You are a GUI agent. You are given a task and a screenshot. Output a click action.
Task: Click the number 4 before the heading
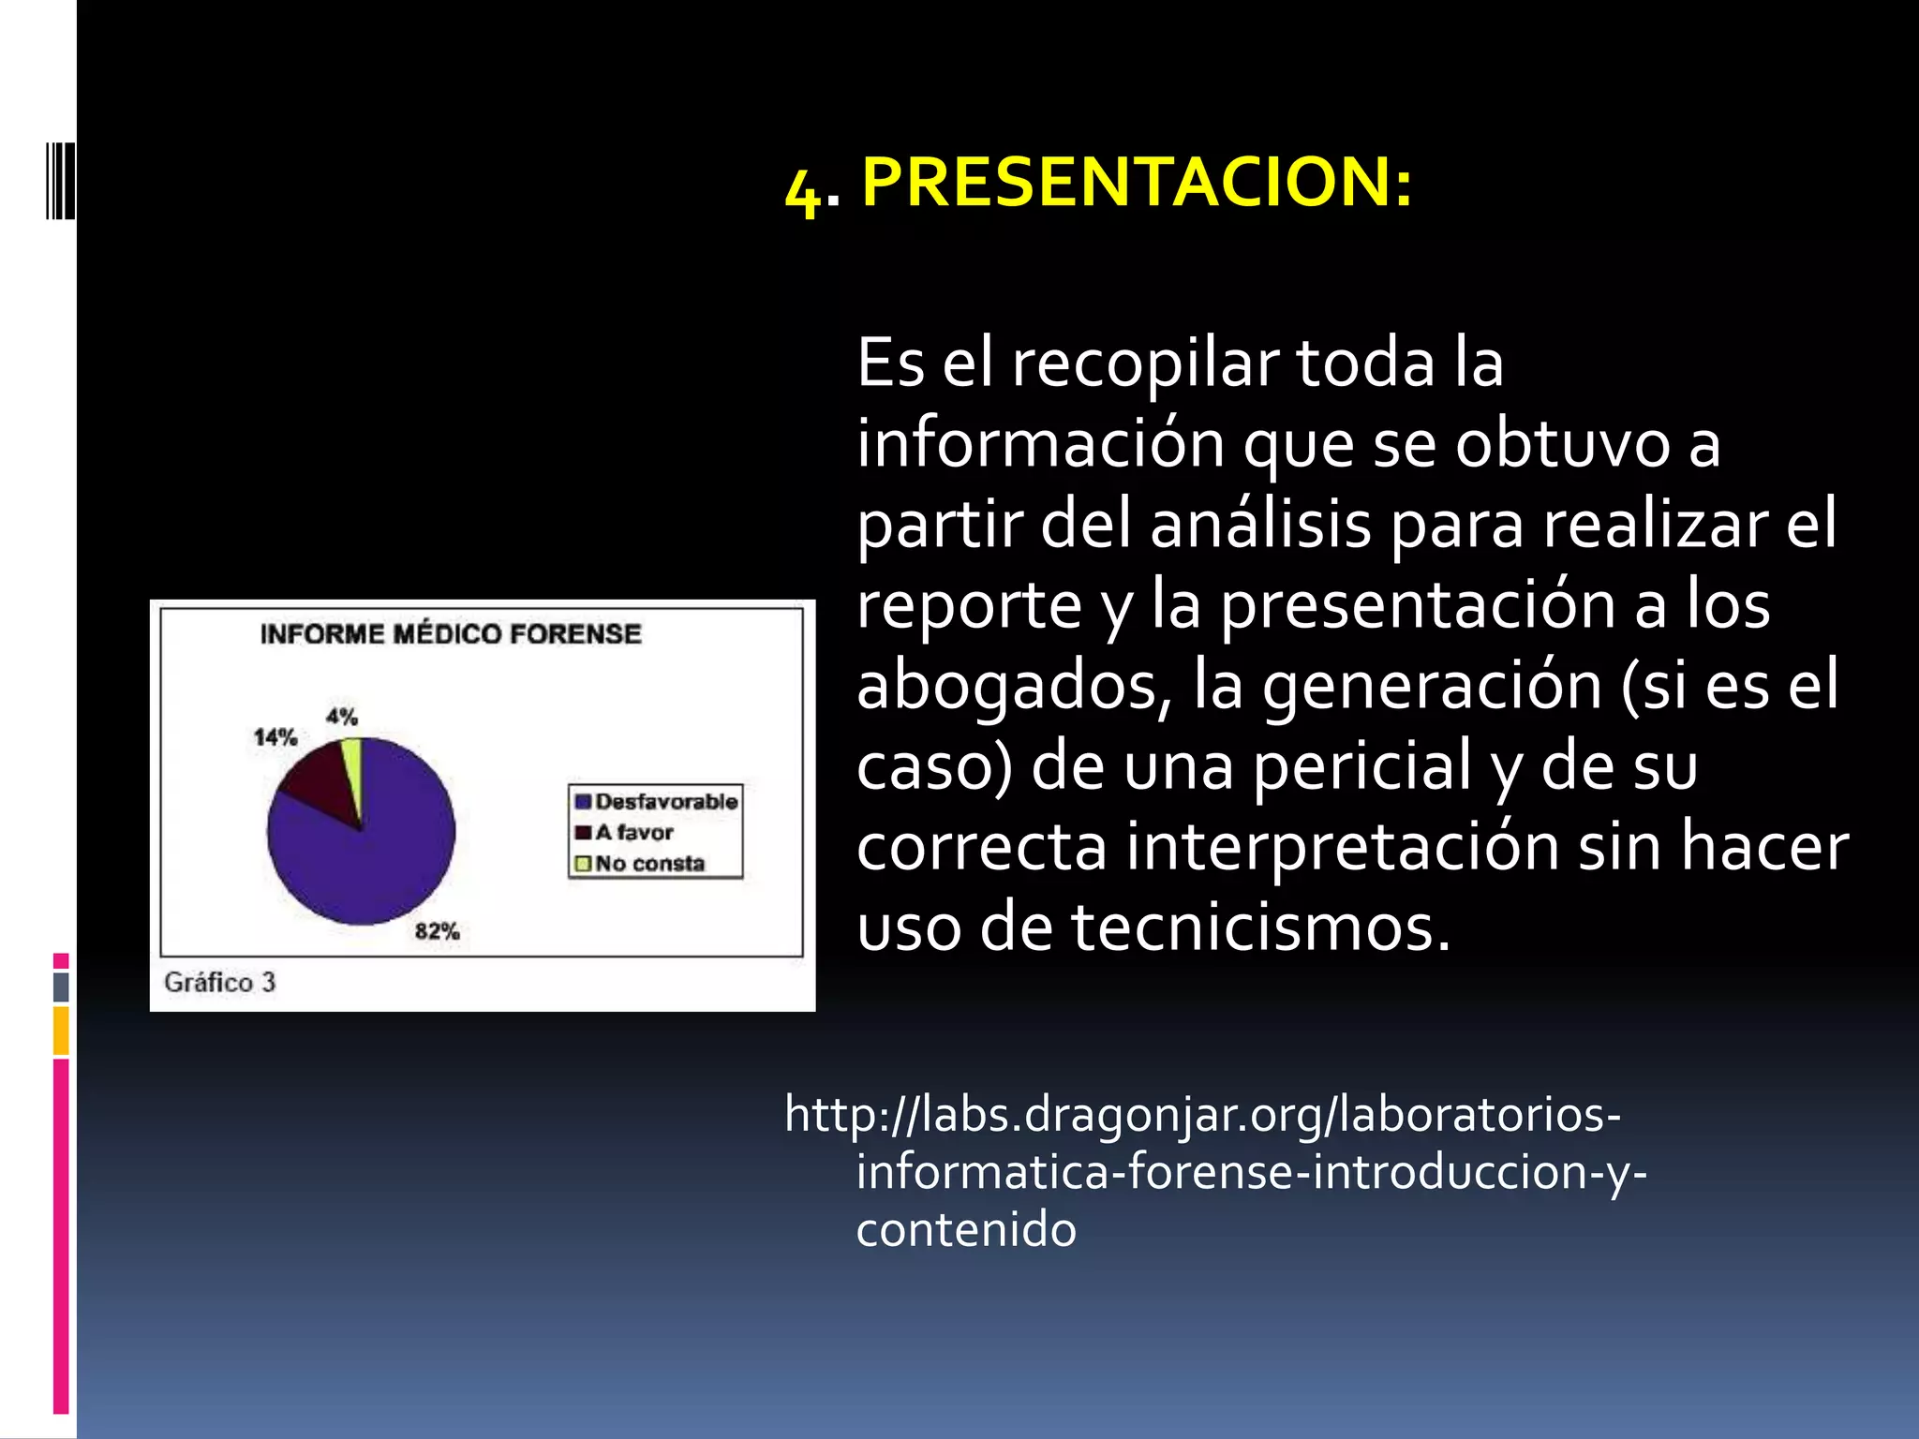coord(802,191)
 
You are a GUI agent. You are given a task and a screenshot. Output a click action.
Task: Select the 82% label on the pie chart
coord(437,931)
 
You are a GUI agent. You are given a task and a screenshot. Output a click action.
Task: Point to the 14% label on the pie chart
coord(275,737)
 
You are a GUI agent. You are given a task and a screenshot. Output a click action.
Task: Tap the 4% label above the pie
coord(342,717)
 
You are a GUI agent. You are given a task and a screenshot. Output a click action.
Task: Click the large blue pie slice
coord(375,853)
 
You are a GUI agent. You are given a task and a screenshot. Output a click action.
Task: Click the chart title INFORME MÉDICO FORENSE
coord(451,634)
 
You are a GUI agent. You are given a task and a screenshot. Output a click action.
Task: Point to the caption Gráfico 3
coord(220,982)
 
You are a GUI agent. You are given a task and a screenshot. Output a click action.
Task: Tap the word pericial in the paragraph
coord(1362,766)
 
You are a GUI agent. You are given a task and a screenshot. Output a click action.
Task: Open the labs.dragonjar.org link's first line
coord(1202,1115)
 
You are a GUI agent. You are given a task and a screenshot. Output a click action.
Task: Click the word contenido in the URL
coord(966,1229)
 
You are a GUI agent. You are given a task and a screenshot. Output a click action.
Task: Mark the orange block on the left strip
coord(61,1030)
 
